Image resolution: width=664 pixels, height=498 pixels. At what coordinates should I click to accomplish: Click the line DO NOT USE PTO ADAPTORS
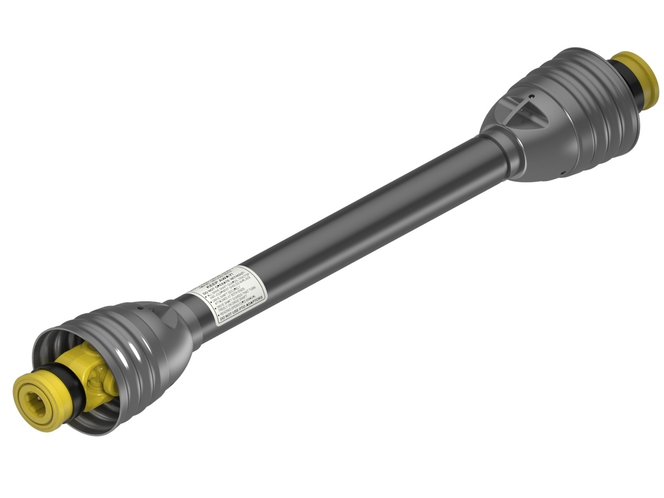click(242, 313)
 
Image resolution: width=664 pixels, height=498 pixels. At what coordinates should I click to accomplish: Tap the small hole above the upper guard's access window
click(531, 96)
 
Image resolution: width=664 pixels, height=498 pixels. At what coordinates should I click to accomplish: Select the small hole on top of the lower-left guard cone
click(141, 308)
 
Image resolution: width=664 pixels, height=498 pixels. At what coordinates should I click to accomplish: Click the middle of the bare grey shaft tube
click(363, 218)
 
